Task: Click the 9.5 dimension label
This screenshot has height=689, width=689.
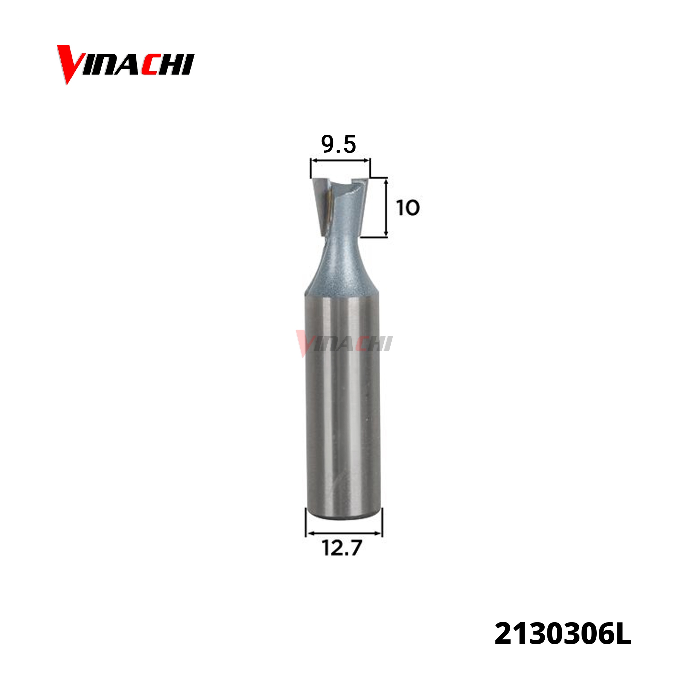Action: [338, 144]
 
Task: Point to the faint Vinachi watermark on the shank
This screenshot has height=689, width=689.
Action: [344, 343]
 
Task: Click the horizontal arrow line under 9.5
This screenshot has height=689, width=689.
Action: [340, 161]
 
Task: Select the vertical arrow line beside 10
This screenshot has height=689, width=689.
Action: [386, 207]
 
